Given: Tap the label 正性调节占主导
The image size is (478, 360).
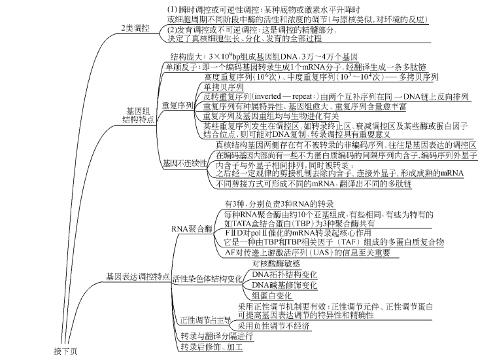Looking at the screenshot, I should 206,321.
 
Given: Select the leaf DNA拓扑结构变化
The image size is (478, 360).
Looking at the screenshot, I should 285,274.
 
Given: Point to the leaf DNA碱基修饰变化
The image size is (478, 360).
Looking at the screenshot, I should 285,285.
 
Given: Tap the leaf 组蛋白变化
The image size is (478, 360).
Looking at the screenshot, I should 273,296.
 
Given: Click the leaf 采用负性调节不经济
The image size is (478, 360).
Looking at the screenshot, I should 275,325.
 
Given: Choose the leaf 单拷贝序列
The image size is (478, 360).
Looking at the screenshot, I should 223,87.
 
